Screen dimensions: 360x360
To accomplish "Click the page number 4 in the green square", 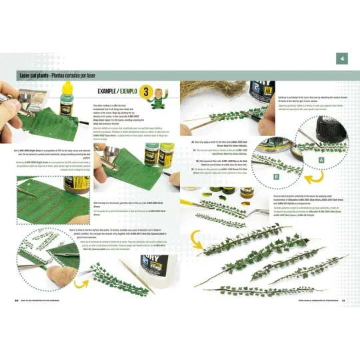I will tap(343, 59).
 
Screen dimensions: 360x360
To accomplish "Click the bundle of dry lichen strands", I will tap(213, 89).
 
